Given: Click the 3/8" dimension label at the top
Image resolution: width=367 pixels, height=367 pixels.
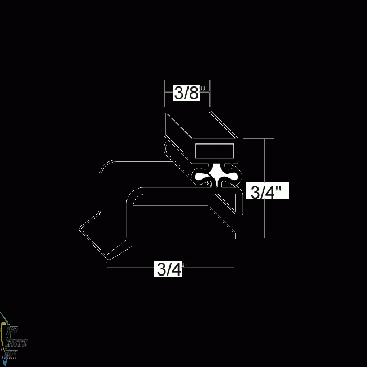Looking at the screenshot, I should pyautogui.click(x=187, y=93).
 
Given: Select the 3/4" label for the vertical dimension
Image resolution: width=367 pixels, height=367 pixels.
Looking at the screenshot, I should pyautogui.click(x=268, y=192).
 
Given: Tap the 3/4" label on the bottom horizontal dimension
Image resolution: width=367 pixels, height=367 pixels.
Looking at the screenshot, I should pyautogui.click(x=169, y=270).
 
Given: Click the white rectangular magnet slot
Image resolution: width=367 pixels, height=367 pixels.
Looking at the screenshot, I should pyautogui.click(x=215, y=151).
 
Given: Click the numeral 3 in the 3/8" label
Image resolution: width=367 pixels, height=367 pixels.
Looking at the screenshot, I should pyautogui.click(x=179, y=93).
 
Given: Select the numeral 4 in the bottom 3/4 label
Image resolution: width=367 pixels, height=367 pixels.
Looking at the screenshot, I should pyautogui.click(x=176, y=270).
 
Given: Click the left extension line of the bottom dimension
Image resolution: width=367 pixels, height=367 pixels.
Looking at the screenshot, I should pyautogui.click(x=106, y=274).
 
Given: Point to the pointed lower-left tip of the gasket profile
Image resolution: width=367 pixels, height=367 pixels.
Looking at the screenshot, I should pyautogui.click(x=80, y=230).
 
